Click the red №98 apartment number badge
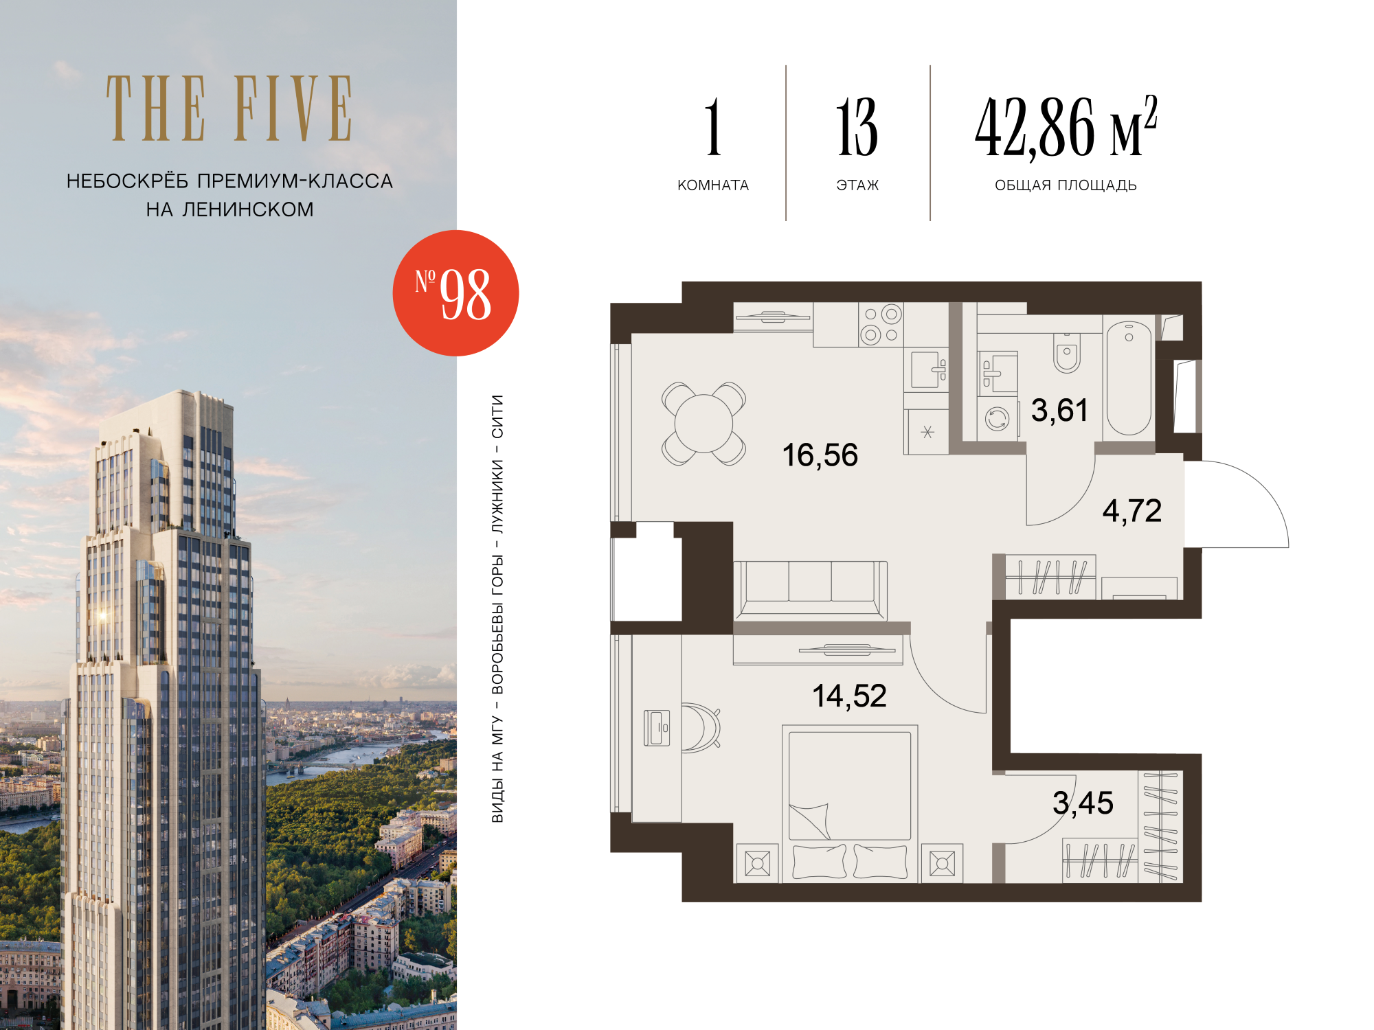click(x=455, y=293)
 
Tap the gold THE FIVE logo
click(x=229, y=108)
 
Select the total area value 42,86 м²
click(x=1066, y=126)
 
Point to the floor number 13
click(x=857, y=127)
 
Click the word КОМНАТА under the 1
click(x=713, y=185)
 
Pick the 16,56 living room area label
click(x=820, y=455)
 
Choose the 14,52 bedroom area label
click(x=850, y=696)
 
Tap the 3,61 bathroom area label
click(x=1060, y=411)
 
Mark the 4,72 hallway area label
click(x=1132, y=511)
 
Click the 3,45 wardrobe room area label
click(x=1083, y=803)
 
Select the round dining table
click(x=703, y=424)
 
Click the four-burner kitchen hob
click(x=881, y=324)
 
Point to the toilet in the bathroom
click(x=1067, y=353)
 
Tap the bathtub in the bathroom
click(x=1129, y=378)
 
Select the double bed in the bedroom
click(x=850, y=803)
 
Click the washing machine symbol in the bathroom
click(x=997, y=418)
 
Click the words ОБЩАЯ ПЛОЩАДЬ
click(x=1066, y=185)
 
